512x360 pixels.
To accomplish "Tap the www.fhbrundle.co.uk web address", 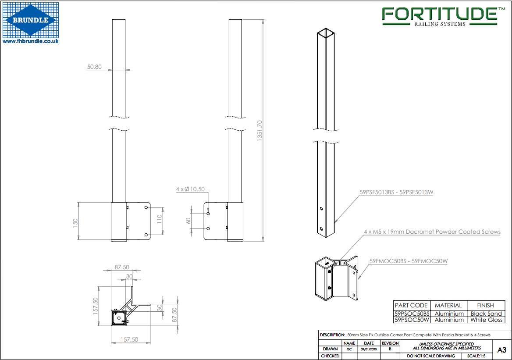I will tap(31, 41).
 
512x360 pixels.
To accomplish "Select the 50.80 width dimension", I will tap(94, 67).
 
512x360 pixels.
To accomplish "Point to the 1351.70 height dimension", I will tap(260, 131).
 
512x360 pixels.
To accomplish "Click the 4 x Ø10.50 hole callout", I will tap(190, 189).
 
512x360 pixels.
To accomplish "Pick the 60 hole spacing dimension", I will tap(188, 221).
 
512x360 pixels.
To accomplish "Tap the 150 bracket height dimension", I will tap(75, 222).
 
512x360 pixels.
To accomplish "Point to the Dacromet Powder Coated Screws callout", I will tap(432, 232).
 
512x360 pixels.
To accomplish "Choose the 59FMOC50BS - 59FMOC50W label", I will tap(408, 261).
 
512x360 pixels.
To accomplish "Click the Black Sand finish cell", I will tap(486, 314).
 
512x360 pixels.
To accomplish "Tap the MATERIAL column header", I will tap(448, 305).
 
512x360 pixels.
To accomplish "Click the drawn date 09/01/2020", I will tap(368, 349).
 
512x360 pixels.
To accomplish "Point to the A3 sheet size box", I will tap(502, 350).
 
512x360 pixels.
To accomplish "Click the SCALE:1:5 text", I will tap(476, 356).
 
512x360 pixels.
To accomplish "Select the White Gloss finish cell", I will tap(486, 320).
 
